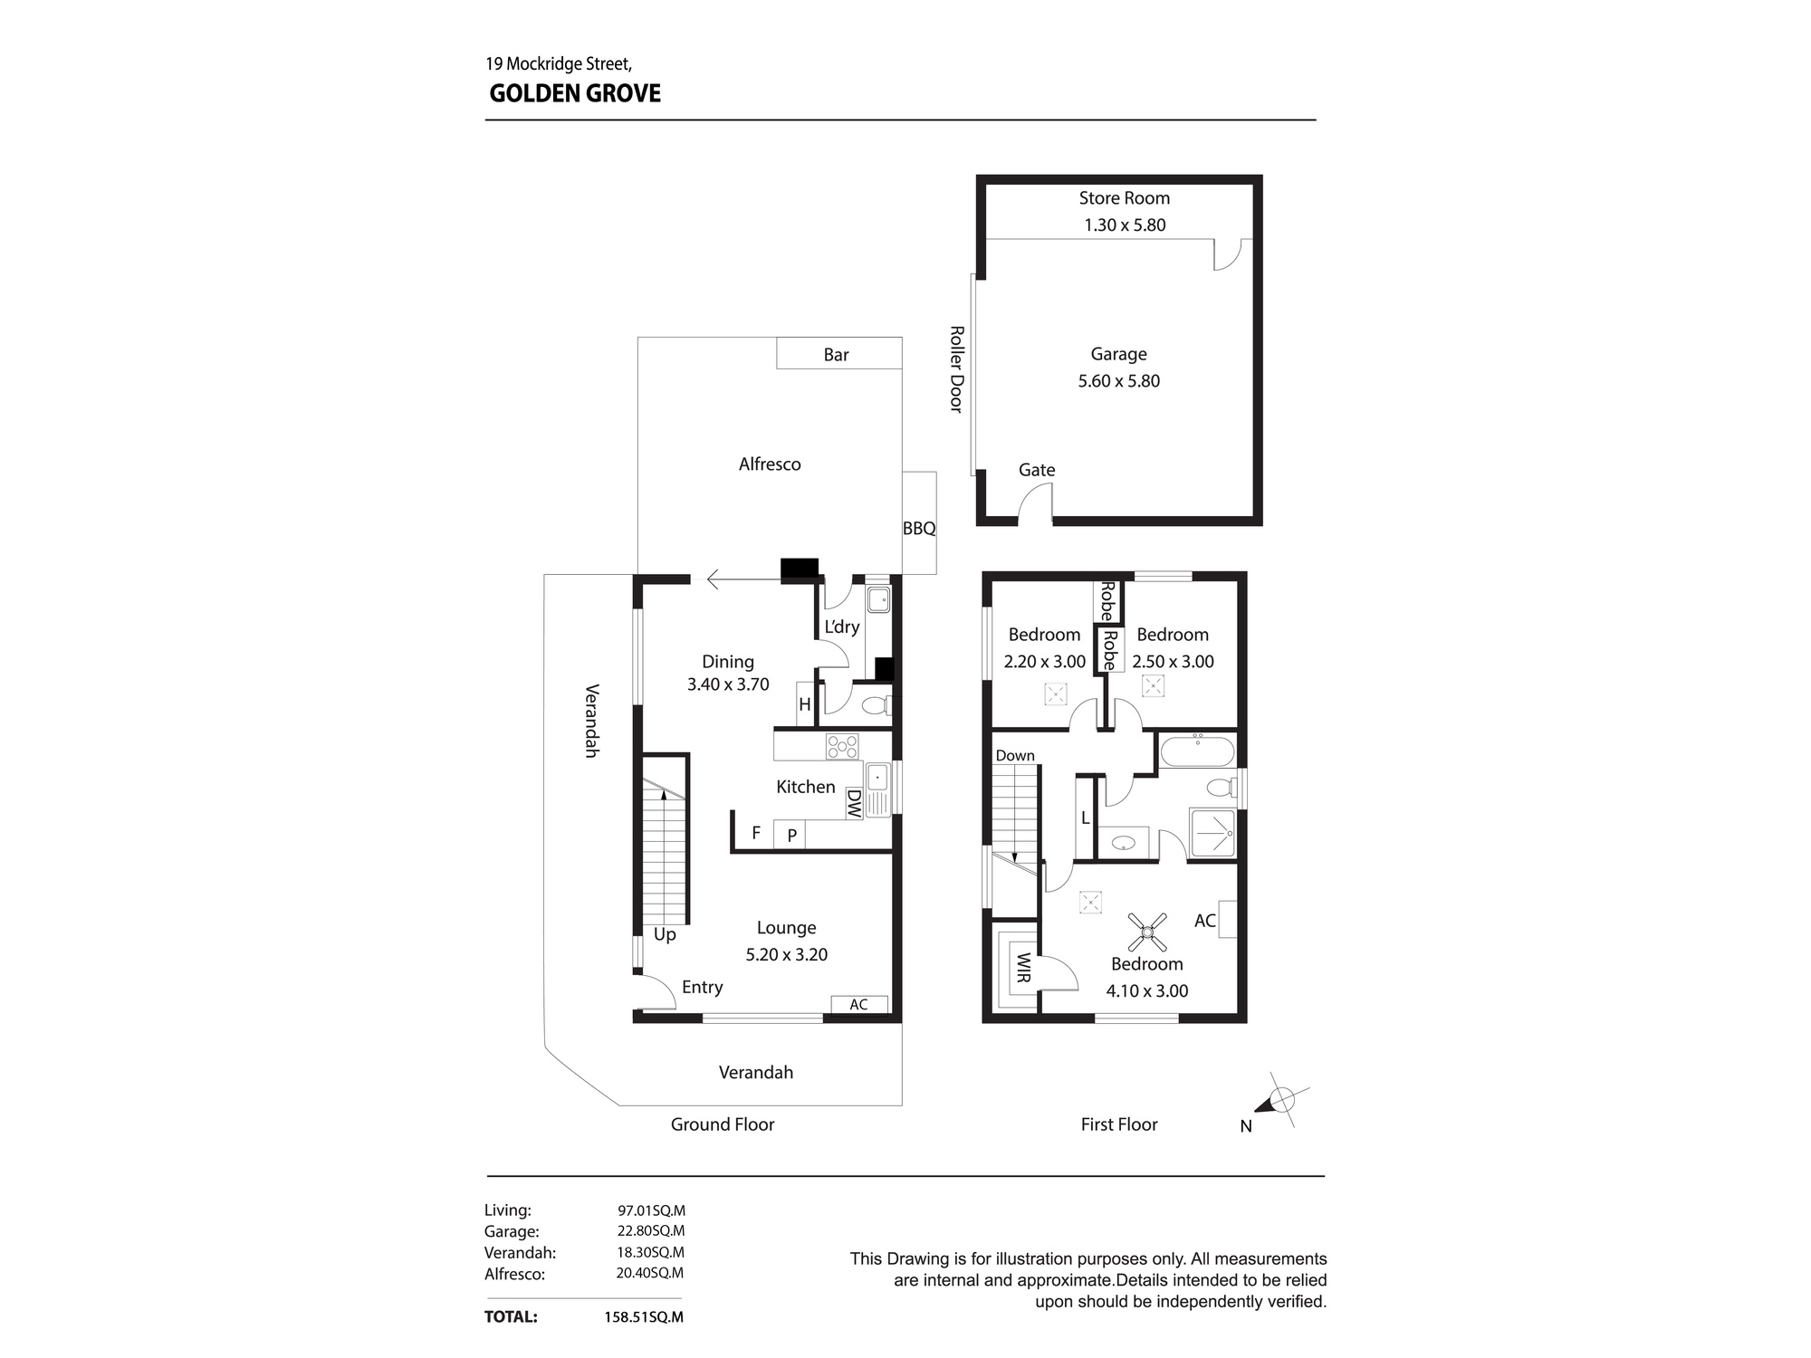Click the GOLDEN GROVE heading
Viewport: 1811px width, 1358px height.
coord(575,93)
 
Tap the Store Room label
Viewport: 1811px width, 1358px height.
coord(1124,198)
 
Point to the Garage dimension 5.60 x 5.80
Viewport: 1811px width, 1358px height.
coord(1118,381)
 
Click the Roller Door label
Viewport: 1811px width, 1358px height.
coord(956,369)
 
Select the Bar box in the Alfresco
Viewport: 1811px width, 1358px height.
coord(838,353)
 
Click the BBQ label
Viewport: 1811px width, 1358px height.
coord(919,529)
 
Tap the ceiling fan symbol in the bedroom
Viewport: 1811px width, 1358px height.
coord(1147,932)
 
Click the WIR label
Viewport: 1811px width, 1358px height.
coord(1023,968)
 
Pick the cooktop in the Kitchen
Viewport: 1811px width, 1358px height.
coord(841,746)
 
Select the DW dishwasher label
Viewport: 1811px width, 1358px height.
coord(853,804)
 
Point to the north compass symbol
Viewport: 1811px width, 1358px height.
coord(1280,1101)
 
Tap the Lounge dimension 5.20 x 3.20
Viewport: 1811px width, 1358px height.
coord(787,954)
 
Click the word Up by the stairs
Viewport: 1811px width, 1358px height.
coord(665,935)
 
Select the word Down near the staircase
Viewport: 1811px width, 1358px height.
coord(1015,756)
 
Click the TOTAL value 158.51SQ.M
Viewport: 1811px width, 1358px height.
coord(644,1317)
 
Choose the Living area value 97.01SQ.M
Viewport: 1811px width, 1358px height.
coord(651,1210)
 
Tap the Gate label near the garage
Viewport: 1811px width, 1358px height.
coord(1037,470)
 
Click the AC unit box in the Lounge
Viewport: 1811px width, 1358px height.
coord(859,1004)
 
